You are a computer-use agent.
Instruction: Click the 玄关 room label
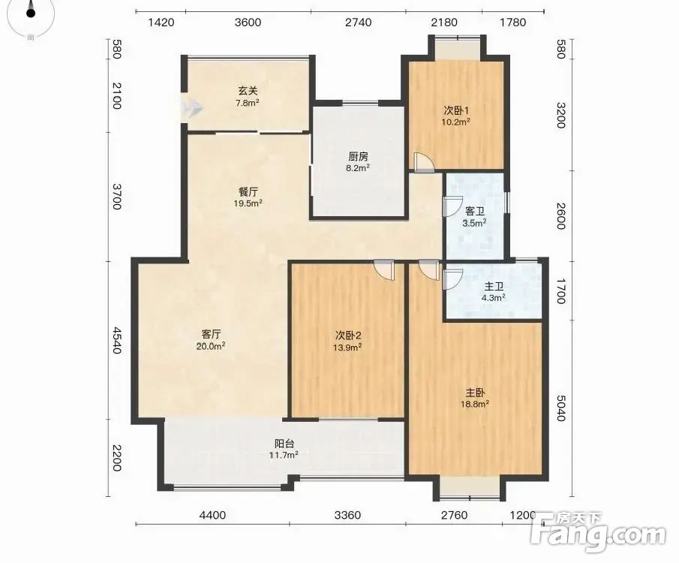click(x=248, y=91)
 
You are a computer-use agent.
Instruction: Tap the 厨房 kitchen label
click(x=358, y=156)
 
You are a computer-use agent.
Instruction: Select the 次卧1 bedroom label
click(x=456, y=110)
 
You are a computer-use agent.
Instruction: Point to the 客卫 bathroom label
click(x=475, y=212)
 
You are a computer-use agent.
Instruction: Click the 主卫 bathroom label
click(x=494, y=287)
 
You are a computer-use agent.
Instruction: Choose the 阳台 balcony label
click(x=284, y=444)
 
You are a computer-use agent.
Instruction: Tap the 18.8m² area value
click(x=475, y=405)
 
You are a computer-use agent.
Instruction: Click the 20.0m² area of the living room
click(x=211, y=346)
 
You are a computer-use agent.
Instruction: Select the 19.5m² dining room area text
click(x=248, y=203)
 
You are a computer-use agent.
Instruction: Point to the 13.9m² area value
click(x=347, y=347)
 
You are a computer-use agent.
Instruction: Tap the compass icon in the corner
click(x=30, y=12)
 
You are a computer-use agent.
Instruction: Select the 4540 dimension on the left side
click(x=117, y=340)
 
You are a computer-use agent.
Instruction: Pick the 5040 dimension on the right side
click(x=560, y=408)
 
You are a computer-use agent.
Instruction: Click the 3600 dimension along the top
click(x=248, y=23)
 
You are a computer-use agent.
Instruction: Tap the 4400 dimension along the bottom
click(x=212, y=515)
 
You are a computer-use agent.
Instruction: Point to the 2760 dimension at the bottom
click(x=454, y=515)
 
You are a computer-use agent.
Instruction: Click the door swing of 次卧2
click(x=384, y=269)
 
